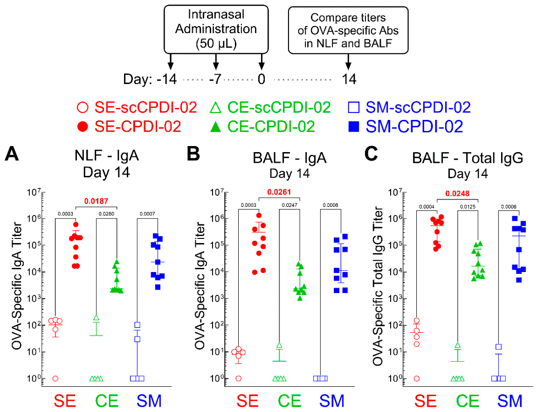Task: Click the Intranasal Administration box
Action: tap(216, 29)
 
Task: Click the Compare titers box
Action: tap(348, 30)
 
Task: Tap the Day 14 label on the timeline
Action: tap(349, 79)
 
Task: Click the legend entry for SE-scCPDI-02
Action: tap(137, 107)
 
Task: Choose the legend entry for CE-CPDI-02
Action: tap(262, 126)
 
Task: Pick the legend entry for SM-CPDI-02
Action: tap(406, 126)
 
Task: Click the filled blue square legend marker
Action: tap(353, 127)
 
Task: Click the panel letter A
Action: tap(12, 154)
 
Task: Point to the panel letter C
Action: tap(371, 154)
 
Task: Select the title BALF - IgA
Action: tap(290, 158)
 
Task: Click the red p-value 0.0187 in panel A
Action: tap(96, 201)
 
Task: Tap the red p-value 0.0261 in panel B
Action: tap(279, 192)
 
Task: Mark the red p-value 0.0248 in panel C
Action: tap(457, 194)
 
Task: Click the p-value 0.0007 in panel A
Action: tap(147, 214)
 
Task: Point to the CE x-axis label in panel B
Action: tap(290, 401)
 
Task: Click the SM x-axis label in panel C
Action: tap(510, 401)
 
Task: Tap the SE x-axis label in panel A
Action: tap(65, 401)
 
